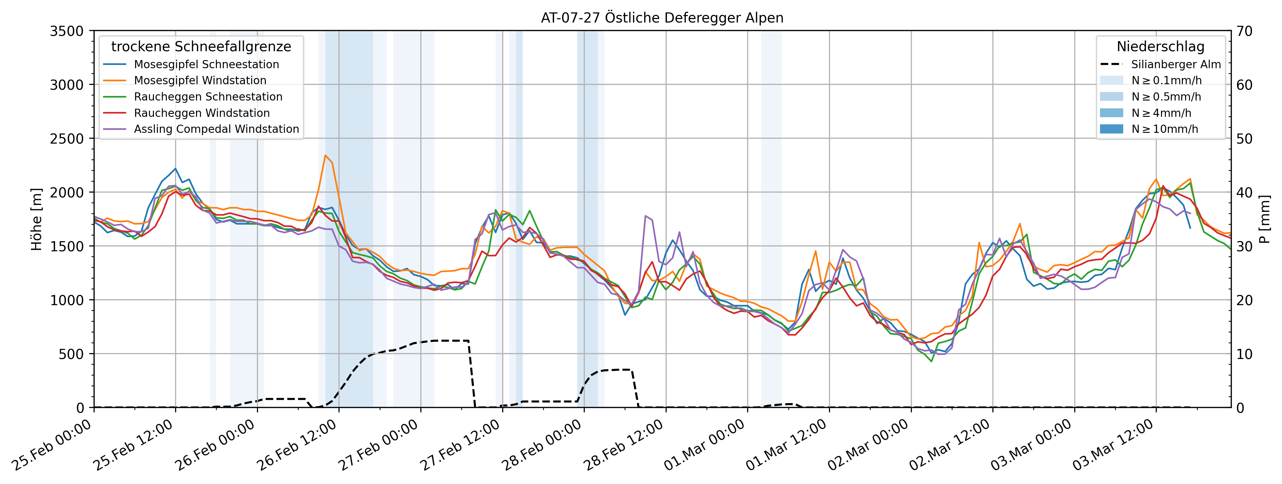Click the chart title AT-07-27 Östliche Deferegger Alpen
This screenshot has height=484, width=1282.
point(662,18)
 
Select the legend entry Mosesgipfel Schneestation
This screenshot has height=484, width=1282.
point(206,64)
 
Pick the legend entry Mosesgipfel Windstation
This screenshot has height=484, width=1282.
point(200,81)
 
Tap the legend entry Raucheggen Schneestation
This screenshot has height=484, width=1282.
point(208,97)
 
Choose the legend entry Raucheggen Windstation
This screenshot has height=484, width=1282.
point(202,113)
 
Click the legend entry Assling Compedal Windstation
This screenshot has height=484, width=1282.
point(217,129)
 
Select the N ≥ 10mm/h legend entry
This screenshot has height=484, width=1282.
point(1165,129)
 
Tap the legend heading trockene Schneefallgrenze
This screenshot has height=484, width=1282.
point(201,47)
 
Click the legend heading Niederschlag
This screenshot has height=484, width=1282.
point(1161,47)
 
